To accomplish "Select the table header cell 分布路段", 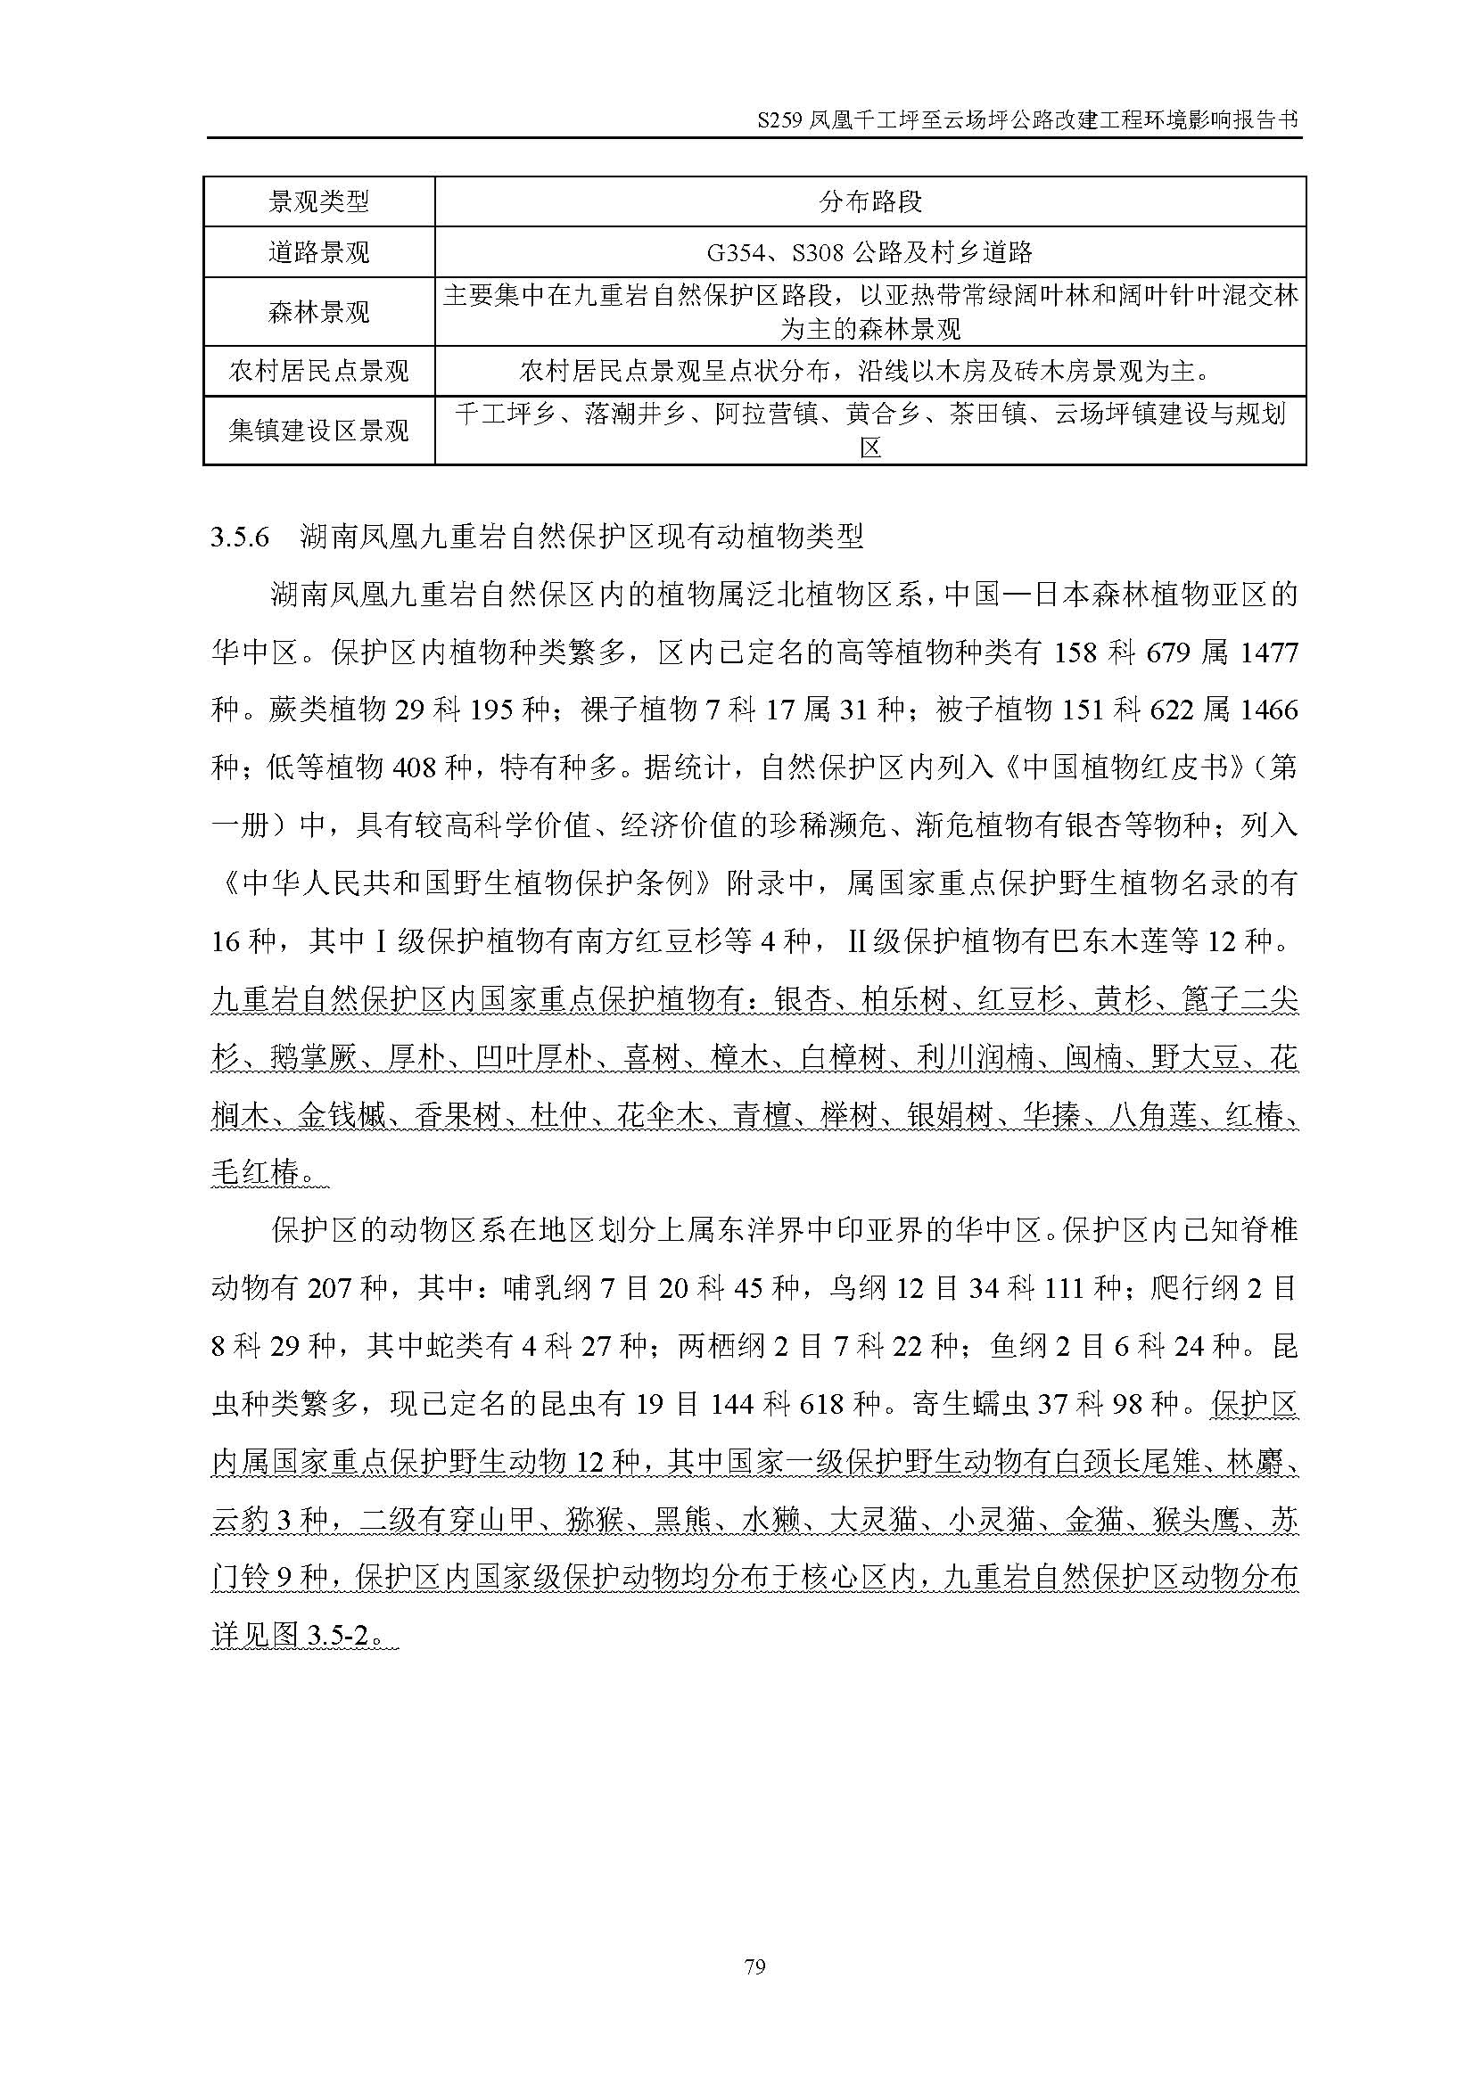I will point(870,201).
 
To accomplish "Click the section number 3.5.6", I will point(241,538).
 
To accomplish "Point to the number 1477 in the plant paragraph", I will point(1268,653).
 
